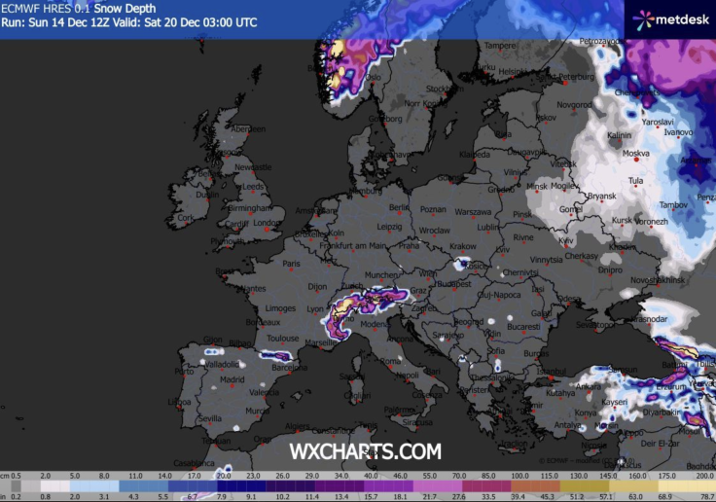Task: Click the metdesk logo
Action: pyautogui.click(x=671, y=18)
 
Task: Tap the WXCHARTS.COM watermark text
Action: pyautogui.click(x=365, y=451)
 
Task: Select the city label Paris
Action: pyautogui.click(x=291, y=264)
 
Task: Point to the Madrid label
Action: pyautogui.click(x=233, y=380)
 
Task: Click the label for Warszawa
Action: pyautogui.click(x=473, y=211)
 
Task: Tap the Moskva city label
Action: pyautogui.click(x=636, y=154)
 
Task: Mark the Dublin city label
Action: pyautogui.click(x=207, y=194)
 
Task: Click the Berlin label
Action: pyautogui.click(x=398, y=207)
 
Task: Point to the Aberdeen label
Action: pyautogui.click(x=248, y=129)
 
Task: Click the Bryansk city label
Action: pyautogui.click(x=602, y=196)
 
